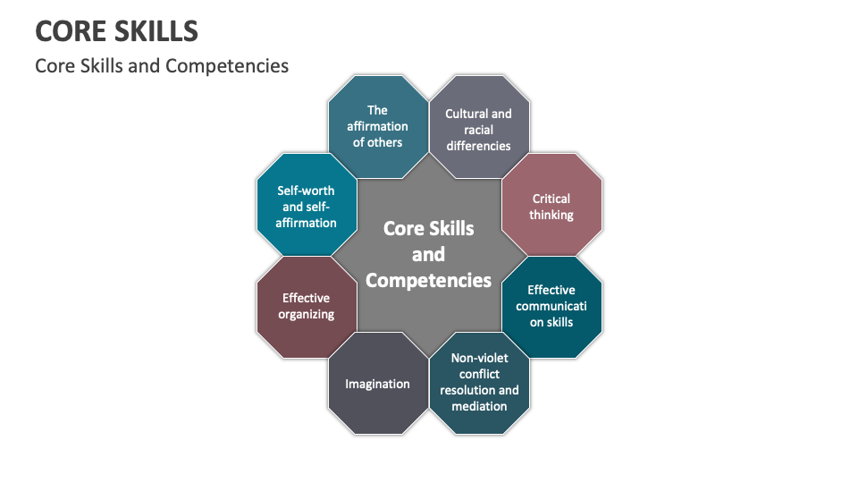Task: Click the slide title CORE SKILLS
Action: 116,31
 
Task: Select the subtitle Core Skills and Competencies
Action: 162,66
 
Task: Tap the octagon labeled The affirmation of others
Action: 377,126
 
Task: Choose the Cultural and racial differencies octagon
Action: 478,129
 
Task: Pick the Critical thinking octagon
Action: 551,206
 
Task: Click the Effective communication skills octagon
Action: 551,306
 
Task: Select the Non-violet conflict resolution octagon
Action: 479,382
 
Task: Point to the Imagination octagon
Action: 377,384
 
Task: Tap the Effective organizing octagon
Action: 306,306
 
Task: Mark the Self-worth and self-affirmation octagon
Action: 306,206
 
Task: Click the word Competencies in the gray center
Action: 428,280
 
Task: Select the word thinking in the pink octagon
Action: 551,215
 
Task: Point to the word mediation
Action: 479,406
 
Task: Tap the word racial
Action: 479,130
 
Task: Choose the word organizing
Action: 306,314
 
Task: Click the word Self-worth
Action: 306,191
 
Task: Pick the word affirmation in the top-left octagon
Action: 377,126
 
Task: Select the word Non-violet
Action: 479,358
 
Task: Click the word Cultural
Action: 466,114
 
